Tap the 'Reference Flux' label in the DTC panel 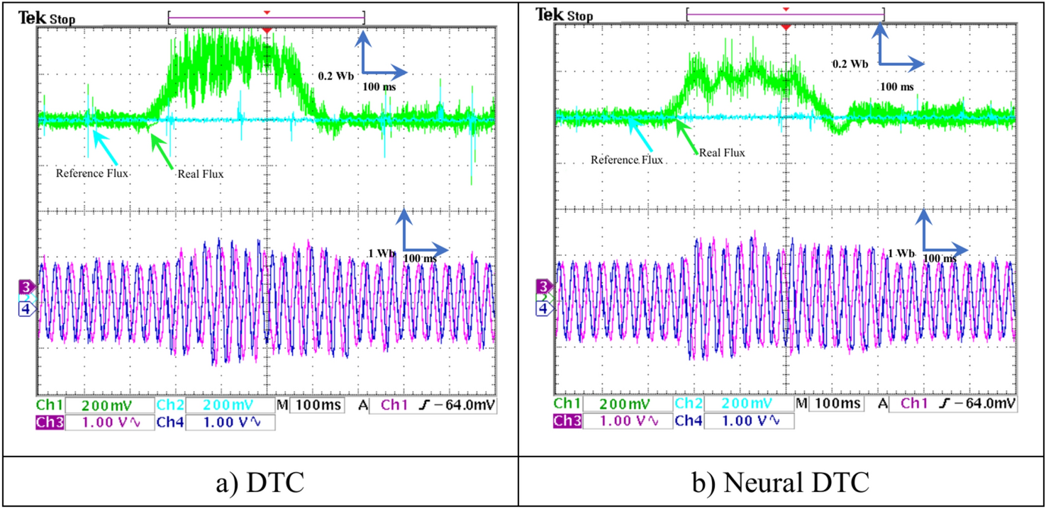tap(92, 172)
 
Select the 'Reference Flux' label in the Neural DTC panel tap(627, 160)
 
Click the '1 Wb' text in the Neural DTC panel tap(901, 253)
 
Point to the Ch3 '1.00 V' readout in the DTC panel tap(110, 422)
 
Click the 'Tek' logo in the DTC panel tap(28, 14)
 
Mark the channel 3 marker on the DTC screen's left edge tap(26, 286)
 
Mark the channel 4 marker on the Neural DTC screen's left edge tap(543, 309)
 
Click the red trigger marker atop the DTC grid tap(267, 30)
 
